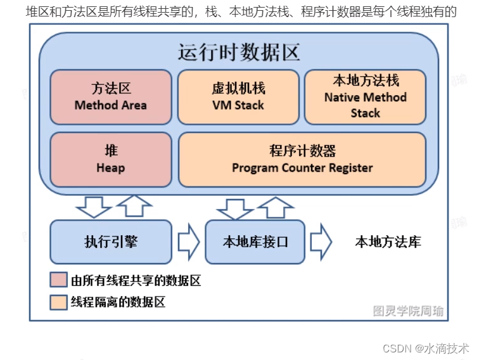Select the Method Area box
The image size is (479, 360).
(111, 97)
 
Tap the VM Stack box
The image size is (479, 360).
(238, 97)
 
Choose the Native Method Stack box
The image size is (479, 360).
(366, 97)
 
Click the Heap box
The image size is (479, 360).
(111, 159)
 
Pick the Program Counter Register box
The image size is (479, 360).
(302, 159)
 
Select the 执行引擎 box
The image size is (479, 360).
(111, 241)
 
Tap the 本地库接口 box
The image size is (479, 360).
(255, 241)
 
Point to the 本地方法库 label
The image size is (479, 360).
(388, 241)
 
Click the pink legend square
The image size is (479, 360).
(58, 280)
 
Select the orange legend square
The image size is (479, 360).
(58, 302)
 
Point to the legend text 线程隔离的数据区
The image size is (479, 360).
(118, 302)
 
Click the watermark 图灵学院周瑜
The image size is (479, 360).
(408, 311)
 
